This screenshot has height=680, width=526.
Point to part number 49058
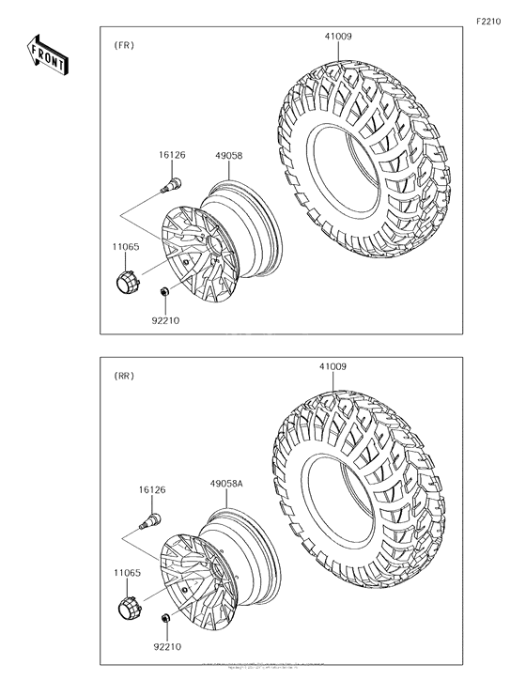[229, 158]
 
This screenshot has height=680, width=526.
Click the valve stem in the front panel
[176, 179]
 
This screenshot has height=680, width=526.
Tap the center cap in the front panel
[124, 279]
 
